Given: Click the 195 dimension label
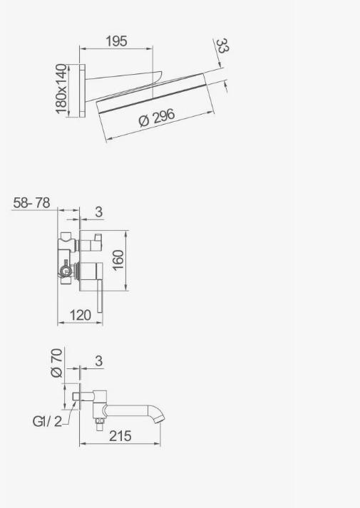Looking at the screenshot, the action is pos(116,41).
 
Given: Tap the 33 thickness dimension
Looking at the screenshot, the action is pos(222,46).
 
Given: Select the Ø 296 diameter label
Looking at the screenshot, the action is pos(157,118).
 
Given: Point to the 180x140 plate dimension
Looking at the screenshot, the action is pos(61,89).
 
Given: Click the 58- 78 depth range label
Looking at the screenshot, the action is pos(32,203).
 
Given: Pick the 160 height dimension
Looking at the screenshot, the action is pos(118,260).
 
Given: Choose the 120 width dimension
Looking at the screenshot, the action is pos(81,315).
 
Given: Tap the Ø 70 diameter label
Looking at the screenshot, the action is pos(56,363).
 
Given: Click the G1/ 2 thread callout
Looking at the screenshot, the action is pos(47,422).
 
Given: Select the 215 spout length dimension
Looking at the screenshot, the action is pos(120,436).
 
